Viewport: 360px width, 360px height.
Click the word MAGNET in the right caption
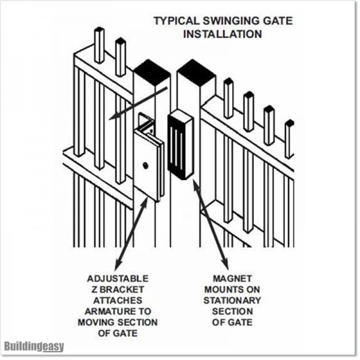(x=231, y=279)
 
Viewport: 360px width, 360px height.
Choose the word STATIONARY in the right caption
(x=231, y=300)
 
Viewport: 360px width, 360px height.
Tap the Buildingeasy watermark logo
(x=34, y=346)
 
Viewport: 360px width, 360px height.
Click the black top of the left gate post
(x=151, y=71)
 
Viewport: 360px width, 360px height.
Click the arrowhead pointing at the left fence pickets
(x=112, y=119)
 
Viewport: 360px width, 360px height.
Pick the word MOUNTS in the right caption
(x=231, y=290)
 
